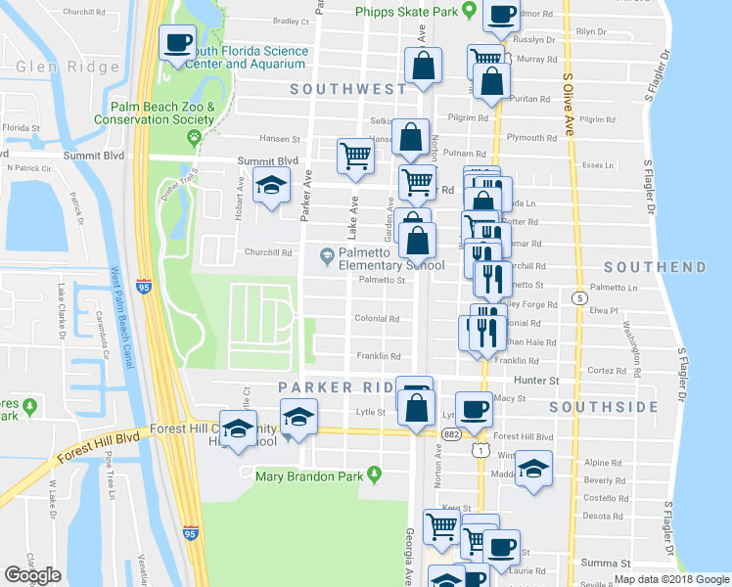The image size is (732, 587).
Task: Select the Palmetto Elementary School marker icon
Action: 326,257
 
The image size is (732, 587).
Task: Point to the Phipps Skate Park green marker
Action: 469,11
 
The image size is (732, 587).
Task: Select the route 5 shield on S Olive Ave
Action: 580,297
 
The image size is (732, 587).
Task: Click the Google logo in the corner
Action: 33,575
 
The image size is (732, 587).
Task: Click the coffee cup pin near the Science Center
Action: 178,43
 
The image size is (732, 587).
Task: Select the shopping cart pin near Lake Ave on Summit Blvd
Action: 354,156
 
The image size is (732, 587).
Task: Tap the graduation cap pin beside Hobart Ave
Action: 271,186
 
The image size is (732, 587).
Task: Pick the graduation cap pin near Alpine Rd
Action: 533,468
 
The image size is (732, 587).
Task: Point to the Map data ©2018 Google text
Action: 671,579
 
